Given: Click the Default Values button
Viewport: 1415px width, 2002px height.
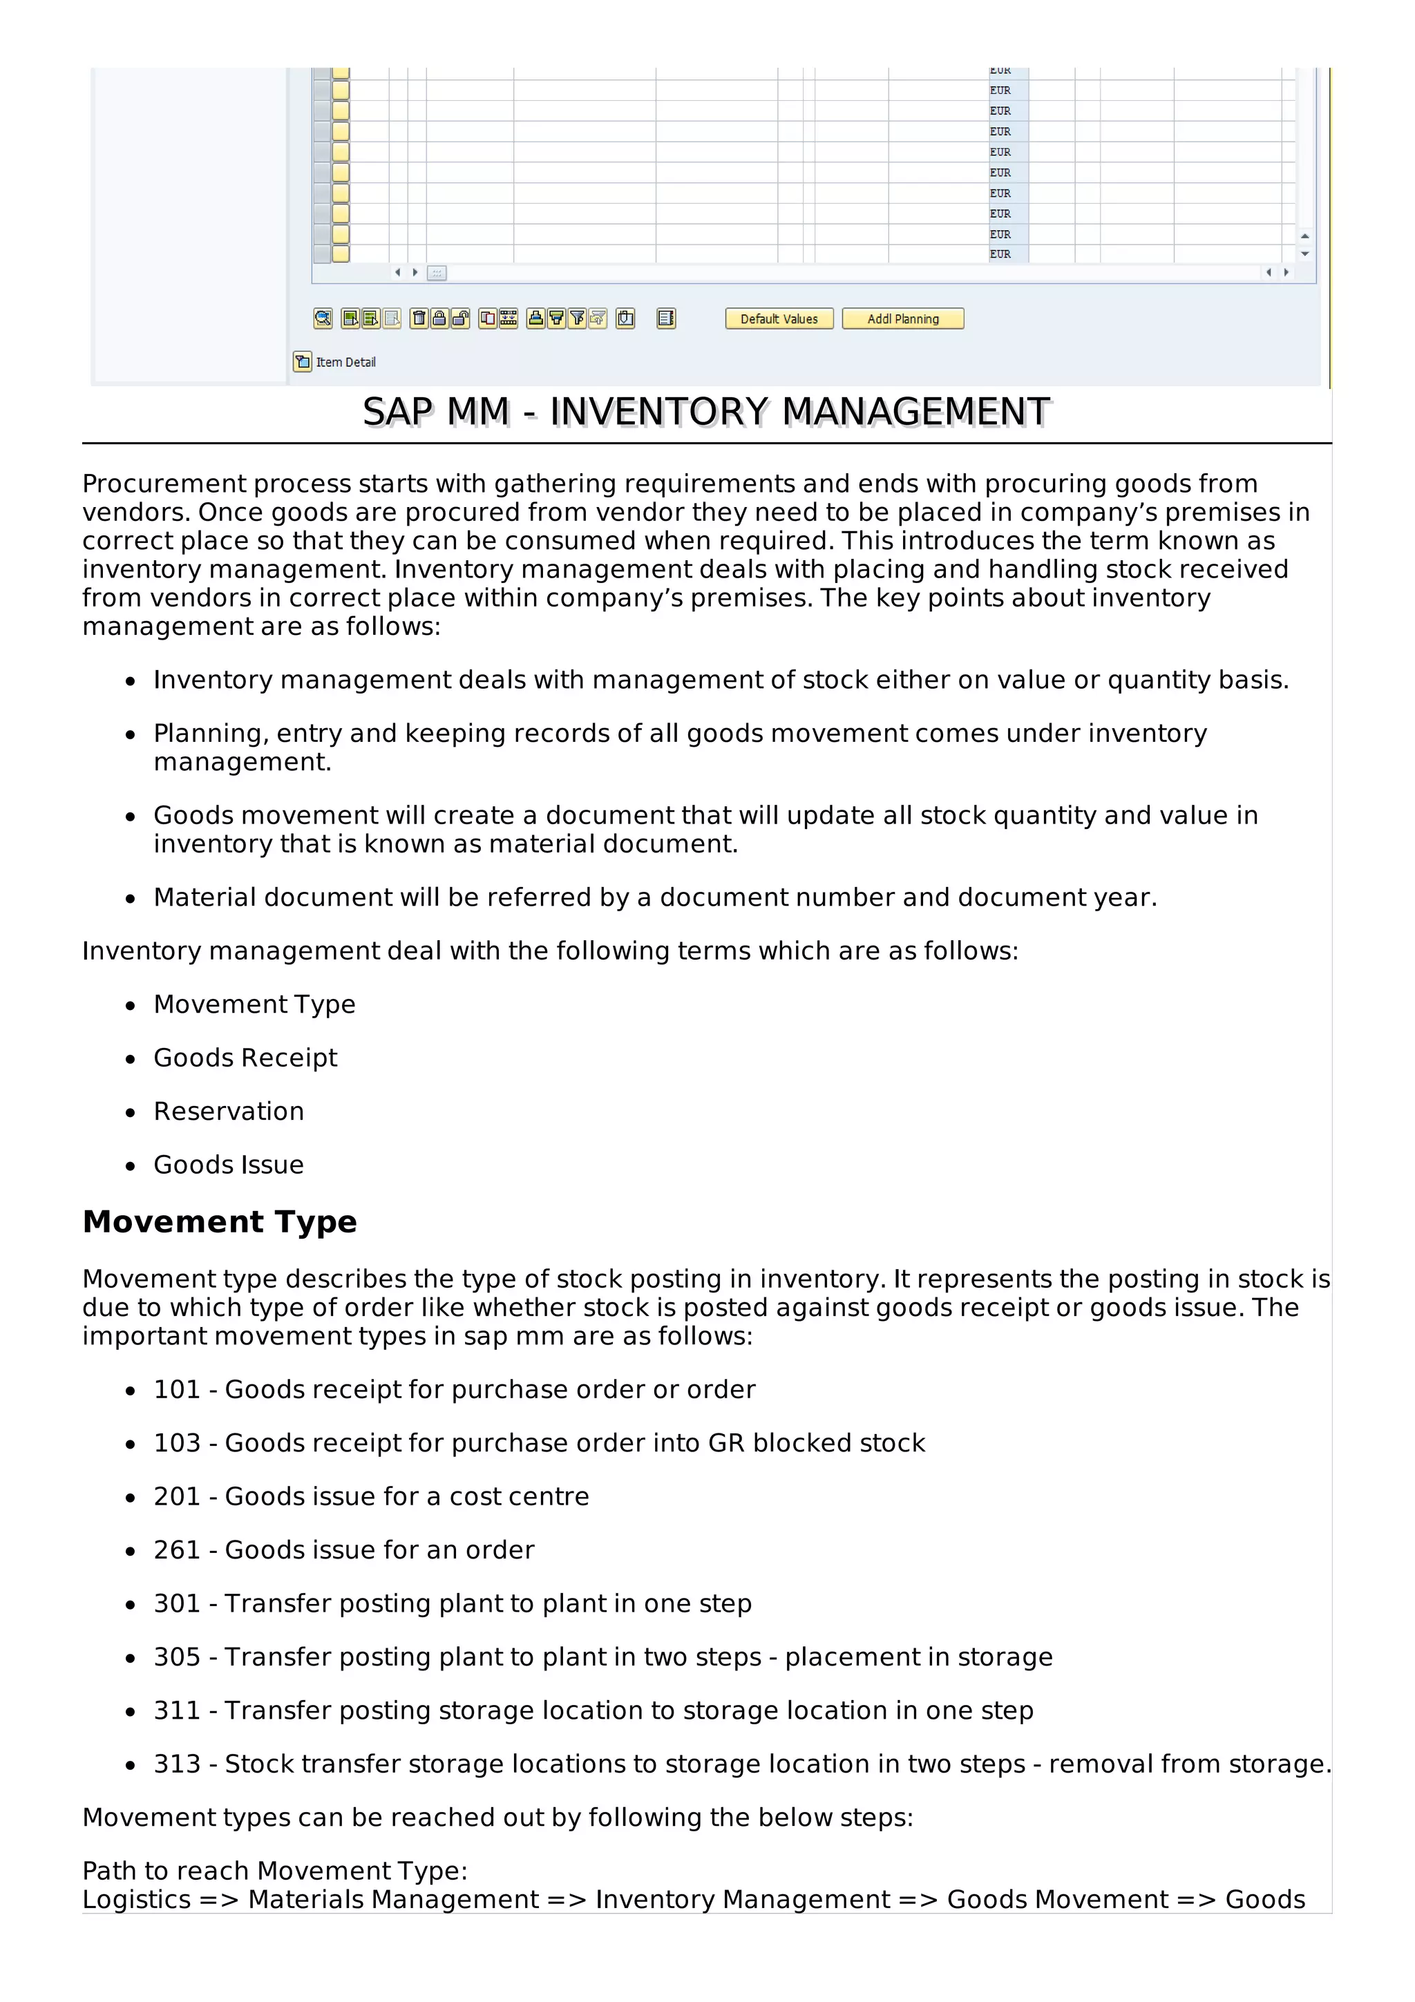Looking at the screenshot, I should (779, 319).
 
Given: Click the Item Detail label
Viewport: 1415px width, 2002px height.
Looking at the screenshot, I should (345, 363).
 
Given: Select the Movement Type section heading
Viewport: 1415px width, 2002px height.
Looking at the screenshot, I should (220, 1221).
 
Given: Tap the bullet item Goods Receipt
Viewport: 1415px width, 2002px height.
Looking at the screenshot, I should (245, 1058).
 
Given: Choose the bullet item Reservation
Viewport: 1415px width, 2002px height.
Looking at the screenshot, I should (229, 1112).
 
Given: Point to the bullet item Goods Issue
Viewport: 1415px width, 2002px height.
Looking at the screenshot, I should (229, 1165).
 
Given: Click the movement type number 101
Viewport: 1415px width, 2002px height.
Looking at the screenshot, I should (177, 1390).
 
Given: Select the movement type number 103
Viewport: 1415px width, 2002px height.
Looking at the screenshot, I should (177, 1443).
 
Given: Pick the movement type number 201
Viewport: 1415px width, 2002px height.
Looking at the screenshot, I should (177, 1497).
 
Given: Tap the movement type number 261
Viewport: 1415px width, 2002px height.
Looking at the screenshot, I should (177, 1550).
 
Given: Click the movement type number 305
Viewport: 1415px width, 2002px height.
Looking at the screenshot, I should (177, 1657).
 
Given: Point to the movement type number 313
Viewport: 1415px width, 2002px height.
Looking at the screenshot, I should (177, 1764).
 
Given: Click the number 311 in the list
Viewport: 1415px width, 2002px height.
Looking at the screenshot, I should (177, 1710).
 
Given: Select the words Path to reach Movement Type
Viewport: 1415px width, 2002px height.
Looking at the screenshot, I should (274, 1871).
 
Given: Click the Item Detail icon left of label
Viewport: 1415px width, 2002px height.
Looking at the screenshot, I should (303, 362).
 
